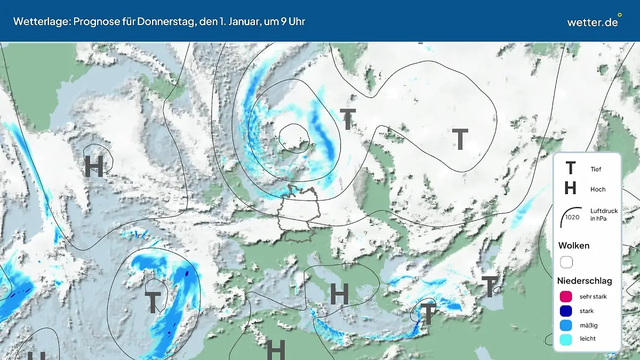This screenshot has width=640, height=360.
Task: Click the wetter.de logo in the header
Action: click(592, 22)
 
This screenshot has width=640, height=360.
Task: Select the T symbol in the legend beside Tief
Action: click(570, 169)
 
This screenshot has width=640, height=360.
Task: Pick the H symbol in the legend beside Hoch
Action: click(570, 188)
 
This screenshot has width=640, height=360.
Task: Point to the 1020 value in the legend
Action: click(572, 217)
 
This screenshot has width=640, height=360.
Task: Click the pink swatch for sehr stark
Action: click(566, 297)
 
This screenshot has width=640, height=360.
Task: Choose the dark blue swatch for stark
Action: click(566, 311)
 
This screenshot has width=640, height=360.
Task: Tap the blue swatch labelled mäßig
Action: click(566, 325)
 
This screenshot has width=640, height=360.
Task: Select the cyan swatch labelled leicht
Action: click(566, 339)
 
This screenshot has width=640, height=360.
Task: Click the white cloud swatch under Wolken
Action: click(566, 262)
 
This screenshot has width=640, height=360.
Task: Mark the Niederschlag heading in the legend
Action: click(585, 281)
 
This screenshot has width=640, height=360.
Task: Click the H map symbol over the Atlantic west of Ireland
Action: click(94, 166)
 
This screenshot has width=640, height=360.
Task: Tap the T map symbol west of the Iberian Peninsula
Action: click(153, 302)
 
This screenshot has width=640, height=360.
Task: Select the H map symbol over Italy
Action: click(339, 294)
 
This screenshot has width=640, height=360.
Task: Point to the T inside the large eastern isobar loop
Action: click(460, 139)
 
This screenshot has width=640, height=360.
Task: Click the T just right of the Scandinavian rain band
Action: click(348, 119)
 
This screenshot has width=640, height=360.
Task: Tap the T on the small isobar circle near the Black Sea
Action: click(490, 287)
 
